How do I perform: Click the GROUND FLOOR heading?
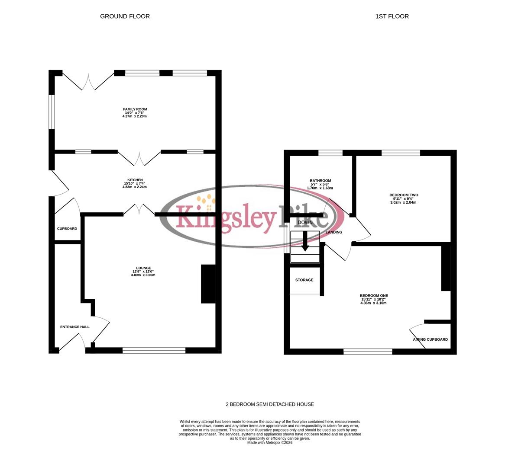coord(125,16)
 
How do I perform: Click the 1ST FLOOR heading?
coord(392,16)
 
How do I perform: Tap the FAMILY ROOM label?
coord(135,109)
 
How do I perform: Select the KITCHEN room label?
coord(135,180)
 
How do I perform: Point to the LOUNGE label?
coord(143,268)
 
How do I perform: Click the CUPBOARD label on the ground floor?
coord(67,228)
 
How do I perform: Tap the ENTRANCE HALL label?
coord(75,327)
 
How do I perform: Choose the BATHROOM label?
coord(320,181)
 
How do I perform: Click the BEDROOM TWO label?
coord(404,195)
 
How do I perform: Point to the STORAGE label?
coord(304,280)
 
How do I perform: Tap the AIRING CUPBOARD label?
coord(430,339)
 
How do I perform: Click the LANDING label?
coord(333,232)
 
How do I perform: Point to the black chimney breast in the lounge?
coord(208,284)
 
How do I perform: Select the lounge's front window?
coord(154,350)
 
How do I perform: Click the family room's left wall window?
coord(52,112)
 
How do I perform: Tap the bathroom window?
coord(330,153)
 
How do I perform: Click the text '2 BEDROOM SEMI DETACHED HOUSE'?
coord(270,404)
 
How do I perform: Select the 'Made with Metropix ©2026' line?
coord(270,442)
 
